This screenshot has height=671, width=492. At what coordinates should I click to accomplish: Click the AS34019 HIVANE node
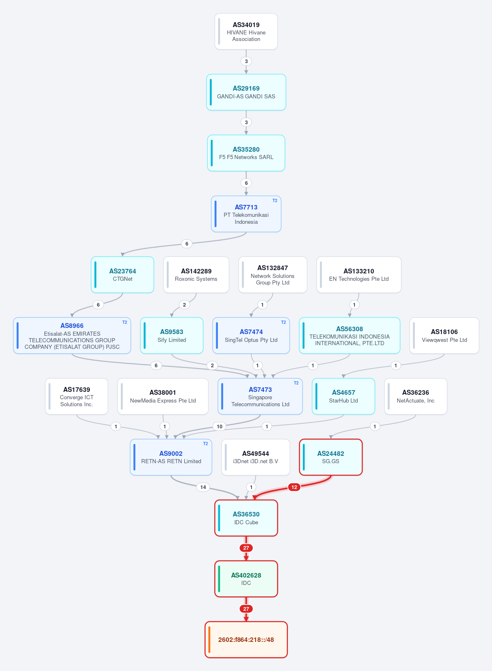(246, 32)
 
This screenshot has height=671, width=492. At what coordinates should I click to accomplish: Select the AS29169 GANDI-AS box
(246, 92)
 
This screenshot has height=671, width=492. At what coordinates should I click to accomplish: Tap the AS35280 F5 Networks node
(246, 153)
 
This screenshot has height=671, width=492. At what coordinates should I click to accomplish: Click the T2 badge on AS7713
(275, 200)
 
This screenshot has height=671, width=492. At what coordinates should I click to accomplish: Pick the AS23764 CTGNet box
(122, 275)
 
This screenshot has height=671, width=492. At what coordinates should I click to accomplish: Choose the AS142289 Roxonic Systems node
(196, 275)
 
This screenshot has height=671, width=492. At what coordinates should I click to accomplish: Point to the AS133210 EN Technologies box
(359, 275)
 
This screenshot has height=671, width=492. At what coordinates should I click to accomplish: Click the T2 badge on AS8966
(124, 322)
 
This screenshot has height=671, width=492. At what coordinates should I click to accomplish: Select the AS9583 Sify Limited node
(172, 335)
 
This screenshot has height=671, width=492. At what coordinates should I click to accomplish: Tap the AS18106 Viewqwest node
(444, 335)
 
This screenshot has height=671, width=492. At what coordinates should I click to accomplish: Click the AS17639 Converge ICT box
(76, 396)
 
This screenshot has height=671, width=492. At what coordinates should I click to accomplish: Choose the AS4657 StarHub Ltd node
(343, 396)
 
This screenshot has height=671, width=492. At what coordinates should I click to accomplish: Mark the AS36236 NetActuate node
(416, 396)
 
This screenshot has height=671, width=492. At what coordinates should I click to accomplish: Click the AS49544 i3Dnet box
(256, 457)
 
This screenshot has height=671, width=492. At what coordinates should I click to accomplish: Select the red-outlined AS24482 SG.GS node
(331, 457)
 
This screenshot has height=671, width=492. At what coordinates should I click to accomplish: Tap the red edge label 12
(294, 487)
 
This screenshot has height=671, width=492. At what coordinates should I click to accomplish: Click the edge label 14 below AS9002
(203, 487)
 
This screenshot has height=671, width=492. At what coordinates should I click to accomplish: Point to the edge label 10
(220, 426)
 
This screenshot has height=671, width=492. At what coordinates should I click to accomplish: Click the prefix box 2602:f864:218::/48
(246, 639)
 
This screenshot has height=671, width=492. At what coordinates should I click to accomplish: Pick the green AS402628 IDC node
(246, 579)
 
